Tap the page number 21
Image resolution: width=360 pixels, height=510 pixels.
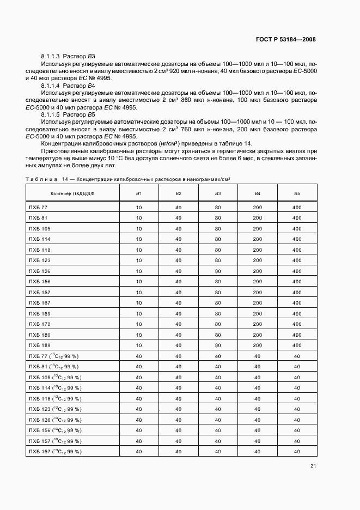[x=313, y=466]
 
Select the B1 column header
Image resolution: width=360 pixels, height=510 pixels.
[x=139, y=193]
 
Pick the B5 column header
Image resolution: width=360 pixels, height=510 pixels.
[x=297, y=193]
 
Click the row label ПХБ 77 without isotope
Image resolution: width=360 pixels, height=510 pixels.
[x=38, y=208]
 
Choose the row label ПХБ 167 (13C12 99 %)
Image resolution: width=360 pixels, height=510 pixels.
[x=55, y=451]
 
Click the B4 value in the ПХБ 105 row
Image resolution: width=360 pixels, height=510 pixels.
[x=257, y=229]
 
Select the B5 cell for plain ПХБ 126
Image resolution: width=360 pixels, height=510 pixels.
[x=297, y=271]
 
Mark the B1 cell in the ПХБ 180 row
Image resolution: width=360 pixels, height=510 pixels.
[x=139, y=335]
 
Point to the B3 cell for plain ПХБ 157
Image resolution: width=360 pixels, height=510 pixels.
[x=218, y=292]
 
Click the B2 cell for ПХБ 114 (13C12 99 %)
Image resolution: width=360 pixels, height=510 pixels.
[x=178, y=387]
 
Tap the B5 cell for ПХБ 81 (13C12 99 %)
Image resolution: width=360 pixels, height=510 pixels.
[x=297, y=366]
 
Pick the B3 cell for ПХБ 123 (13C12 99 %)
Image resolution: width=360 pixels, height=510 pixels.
[x=218, y=409]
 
